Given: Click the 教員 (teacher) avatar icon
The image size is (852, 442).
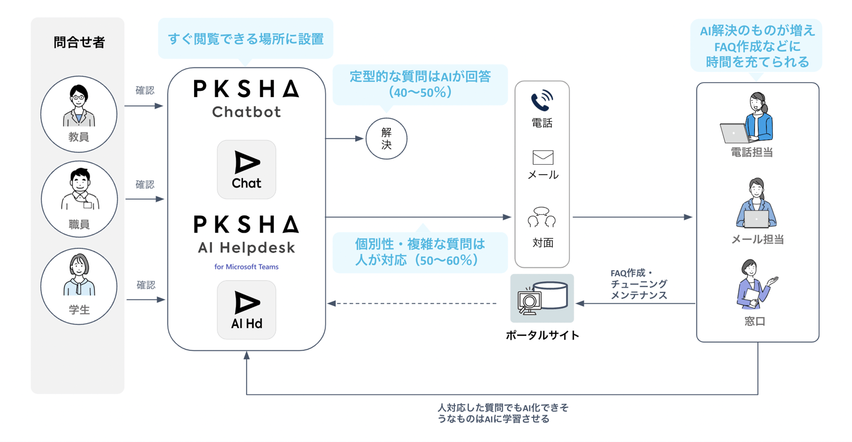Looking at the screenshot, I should pyautogui.click(x=79, y=107).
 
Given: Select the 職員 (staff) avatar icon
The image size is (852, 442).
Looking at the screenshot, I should pyautogui.click(x=79, y=191).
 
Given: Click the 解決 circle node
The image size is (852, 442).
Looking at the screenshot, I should pyautogui.click(x=386, y=138).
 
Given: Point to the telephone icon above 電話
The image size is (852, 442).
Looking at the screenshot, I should pyautogui.click(x=542, y=101).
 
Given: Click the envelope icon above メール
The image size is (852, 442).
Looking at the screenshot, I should pyautogui.click(x=543, y=157).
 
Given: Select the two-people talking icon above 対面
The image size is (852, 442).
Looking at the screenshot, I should pyautogui.click(x=542, y=218).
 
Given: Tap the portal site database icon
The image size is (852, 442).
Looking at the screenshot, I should pyautogui.click(x=542, y=299).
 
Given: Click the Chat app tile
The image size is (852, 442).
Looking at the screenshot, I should pyautogui.click(x=246, y=170).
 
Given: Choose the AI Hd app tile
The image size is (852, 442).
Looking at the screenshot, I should pyautogui.click(x=246, y=310).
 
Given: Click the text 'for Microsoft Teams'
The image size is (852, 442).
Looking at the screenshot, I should pyautogui.click(x=246, y=267).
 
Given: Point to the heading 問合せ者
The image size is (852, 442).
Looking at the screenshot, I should pyautogui.click(x=79, y=42).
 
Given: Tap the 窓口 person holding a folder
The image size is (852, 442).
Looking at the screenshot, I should pyautogui.click(x=754, y=285).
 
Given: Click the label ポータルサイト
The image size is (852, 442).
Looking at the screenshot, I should pyautogui.click(x=542, y=335).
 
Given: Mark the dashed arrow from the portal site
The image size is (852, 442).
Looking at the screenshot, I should pyautogui.click(x=413, y=304).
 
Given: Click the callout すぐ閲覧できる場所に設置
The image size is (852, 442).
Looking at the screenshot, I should pyautogui.click(x=245, y=39).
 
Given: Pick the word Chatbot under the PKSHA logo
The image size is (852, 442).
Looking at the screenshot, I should pyautogui.click(x=246, y=112).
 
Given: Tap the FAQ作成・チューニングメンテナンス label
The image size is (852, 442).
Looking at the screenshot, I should pyautogui.click(x=638, y=284).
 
